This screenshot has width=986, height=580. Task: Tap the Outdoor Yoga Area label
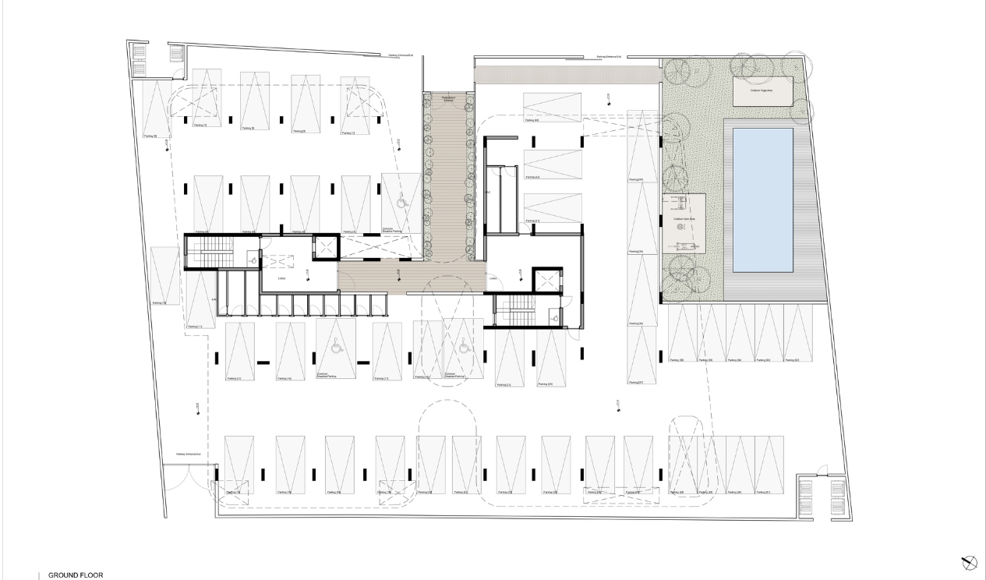[762, 91]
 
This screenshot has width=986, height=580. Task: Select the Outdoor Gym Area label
[684, 221]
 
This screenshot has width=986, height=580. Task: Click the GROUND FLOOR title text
[76, 575]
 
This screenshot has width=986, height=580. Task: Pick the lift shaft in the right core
[546, 280]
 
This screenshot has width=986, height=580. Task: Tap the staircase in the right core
[514, 311]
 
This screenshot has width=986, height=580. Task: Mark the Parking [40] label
[532, 120]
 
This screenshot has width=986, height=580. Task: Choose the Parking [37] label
[635, 382]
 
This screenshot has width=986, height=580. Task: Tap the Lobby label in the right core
[493, 278]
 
